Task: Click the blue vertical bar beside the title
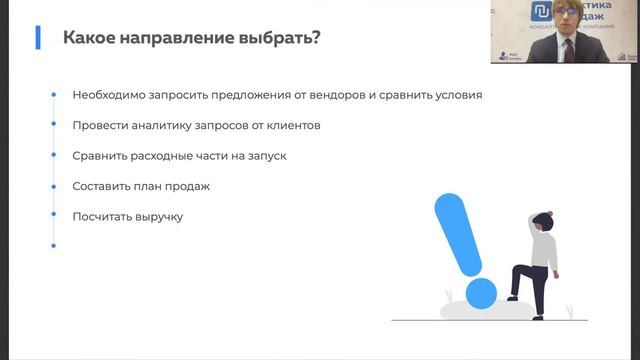click(38, 38)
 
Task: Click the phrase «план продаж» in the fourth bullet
click(173, 187)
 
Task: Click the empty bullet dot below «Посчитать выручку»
click(54, 245)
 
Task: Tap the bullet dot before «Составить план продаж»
click(54, 186)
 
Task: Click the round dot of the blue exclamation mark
click(481, 293)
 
